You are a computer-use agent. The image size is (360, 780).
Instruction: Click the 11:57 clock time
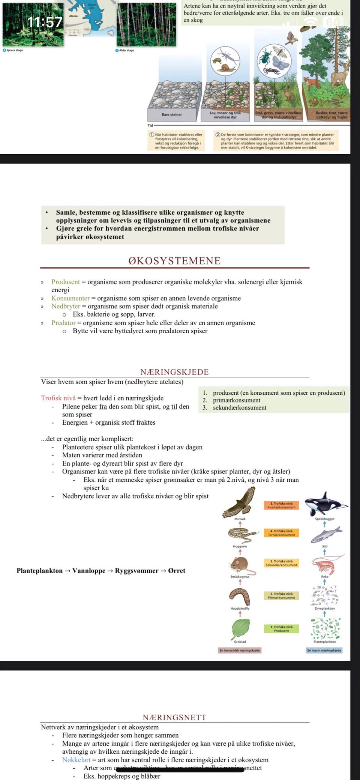tap(45, 22)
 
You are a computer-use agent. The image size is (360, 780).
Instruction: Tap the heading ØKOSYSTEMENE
tap(174, 261)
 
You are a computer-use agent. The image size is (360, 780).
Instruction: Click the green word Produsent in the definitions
tap(66, 282)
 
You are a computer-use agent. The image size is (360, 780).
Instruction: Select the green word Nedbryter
tap(66, 306)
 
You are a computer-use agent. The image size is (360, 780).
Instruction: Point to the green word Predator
tap(63, 323)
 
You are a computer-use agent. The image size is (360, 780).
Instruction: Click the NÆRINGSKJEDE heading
tap(174, 372)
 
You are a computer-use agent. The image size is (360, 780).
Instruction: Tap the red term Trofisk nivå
tap(58, 398)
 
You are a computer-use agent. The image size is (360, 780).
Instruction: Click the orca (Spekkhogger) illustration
tap(325, 503)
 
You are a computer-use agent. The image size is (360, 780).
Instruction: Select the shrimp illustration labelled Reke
tap(325, 563)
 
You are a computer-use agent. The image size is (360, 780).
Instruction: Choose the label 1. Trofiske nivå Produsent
tap(281, 629)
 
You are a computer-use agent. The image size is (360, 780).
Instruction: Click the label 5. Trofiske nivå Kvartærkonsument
tap(281, 505)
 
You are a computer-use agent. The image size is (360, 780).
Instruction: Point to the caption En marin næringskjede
tap(324, 650)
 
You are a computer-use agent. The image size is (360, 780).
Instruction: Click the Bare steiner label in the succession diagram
tap(172, 114)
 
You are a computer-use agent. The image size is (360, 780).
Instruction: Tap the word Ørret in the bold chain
tap(177, 571)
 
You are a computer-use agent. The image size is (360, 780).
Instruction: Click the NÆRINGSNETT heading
tap(174, 717)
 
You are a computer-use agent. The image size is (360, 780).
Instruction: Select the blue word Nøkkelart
tap(76, 760)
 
